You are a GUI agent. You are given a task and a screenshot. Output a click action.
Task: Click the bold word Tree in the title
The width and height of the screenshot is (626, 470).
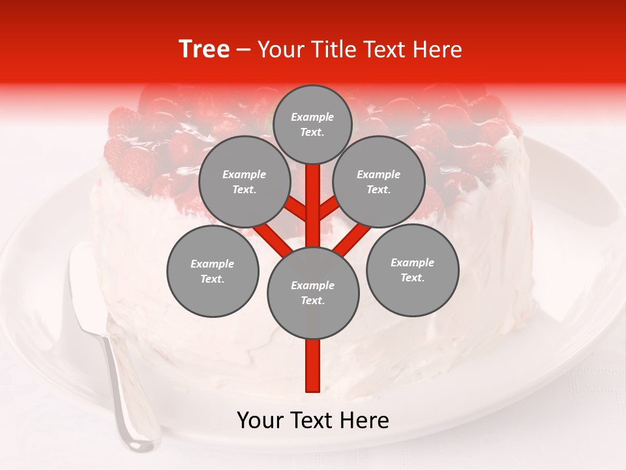click(x=204, y=50)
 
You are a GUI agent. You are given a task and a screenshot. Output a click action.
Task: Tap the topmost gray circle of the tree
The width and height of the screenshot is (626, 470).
click(x=312, y=124)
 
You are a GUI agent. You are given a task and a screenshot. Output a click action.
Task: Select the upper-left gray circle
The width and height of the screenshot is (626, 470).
click(x=244, y=181)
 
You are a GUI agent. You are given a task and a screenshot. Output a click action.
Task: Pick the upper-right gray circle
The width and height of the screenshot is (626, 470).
click(x=379, y=181)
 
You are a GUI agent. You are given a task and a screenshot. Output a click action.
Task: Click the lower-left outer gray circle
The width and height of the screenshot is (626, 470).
click(x=213, y=271)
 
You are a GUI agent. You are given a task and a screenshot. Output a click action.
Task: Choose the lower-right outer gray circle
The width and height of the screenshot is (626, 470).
click(x=412, y=270)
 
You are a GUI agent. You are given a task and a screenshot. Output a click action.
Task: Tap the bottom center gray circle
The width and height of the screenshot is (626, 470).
click(x=313, y=292)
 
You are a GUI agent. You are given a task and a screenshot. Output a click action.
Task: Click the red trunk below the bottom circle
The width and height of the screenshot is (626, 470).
click(x=313, y=366)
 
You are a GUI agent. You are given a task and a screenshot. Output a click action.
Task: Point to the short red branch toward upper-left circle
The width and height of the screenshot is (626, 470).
click(x=295, y=209)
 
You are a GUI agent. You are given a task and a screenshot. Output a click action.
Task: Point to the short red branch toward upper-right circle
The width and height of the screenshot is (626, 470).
click(x=329, y=209)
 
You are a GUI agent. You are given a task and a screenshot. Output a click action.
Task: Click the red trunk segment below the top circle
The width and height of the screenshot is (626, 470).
click(x=313, y=196)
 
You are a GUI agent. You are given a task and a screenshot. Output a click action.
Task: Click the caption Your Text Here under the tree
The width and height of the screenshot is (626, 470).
click(x=313, y=420)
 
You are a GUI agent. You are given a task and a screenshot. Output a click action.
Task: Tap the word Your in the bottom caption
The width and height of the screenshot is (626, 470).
click(x=261, y=420)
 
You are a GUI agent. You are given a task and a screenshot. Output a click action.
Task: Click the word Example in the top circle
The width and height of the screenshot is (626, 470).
click(x=312, y=117)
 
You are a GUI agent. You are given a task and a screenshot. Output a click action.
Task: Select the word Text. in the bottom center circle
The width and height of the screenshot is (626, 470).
click(x=312, y=300)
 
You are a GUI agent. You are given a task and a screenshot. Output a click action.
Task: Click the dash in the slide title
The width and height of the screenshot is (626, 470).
click(x=243, y=50)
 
